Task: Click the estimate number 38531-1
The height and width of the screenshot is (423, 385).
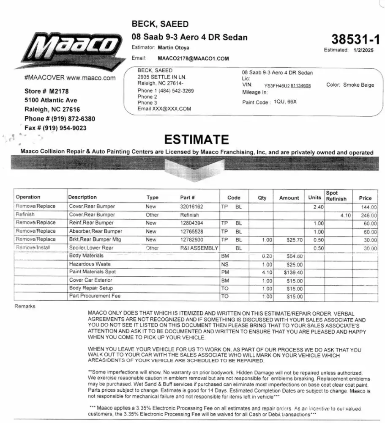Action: point(355,39)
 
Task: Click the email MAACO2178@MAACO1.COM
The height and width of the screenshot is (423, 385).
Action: point(193,58)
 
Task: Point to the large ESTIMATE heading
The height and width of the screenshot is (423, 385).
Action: point(197,140)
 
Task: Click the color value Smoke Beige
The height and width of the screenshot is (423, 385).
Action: point(358,85)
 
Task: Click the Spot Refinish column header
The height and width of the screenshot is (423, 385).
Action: point(336,196)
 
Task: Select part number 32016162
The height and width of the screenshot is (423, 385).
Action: point(191,207)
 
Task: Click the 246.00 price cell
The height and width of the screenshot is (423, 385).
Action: point(368,215)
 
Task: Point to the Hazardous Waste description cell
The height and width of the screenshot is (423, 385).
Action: point(84,264)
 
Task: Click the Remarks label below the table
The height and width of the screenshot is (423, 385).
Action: point(25,306)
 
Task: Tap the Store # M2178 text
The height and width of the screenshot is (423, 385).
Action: point(46,91)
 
